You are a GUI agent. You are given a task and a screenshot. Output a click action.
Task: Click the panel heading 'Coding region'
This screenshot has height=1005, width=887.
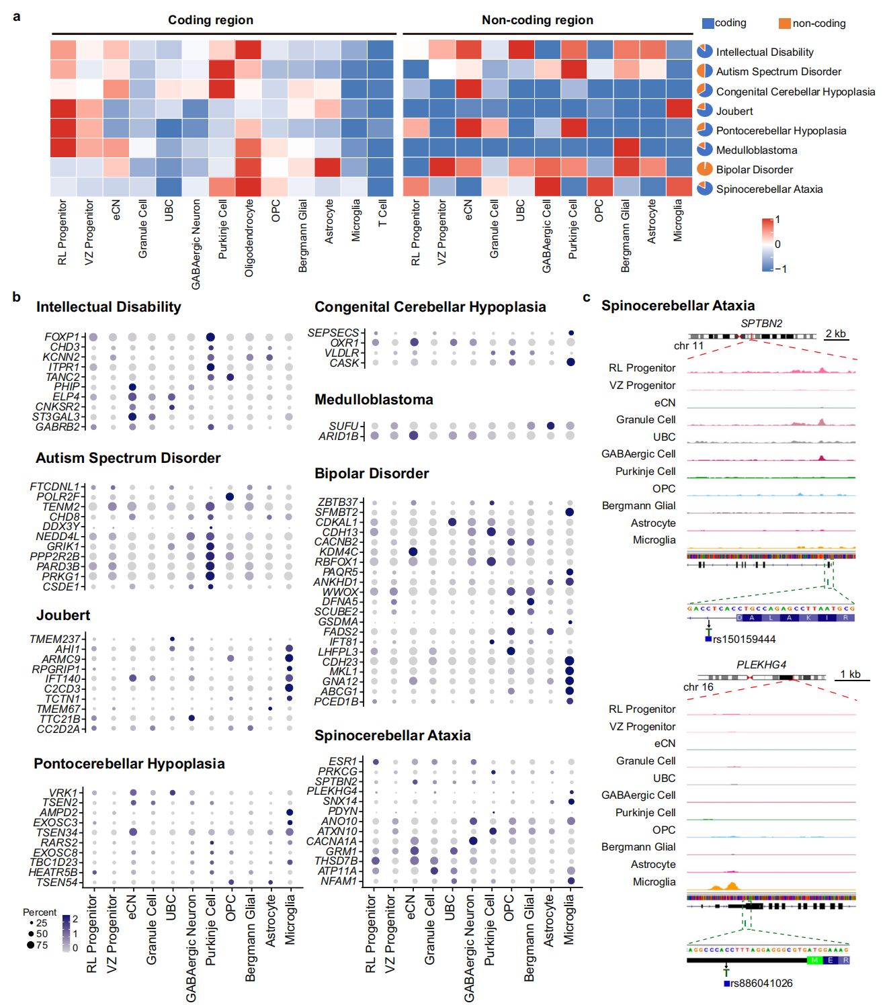pos(210,20)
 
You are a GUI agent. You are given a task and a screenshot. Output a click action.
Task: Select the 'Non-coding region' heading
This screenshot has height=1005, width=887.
pos(537,20)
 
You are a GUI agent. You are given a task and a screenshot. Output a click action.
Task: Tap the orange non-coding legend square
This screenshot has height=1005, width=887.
pos(784,24)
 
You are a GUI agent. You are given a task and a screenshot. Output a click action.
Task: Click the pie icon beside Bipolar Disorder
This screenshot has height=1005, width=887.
pos(704,169)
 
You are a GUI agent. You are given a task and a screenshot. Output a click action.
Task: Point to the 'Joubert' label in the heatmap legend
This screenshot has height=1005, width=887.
pos(734,111)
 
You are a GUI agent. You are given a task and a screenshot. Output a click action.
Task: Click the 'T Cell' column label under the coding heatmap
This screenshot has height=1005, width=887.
pos(382,213)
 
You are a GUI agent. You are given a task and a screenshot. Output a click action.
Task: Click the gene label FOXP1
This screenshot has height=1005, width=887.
pos(62,337)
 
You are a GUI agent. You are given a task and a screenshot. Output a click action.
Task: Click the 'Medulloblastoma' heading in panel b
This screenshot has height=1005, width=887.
pos(374,400)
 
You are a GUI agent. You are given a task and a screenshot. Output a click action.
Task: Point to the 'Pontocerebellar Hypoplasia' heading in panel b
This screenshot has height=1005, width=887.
pos(129,764)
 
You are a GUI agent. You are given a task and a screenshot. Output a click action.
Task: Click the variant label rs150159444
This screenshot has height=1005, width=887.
pos(744,639)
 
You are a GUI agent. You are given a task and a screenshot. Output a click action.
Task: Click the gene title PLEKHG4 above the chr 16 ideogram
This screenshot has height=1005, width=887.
pos(761,664)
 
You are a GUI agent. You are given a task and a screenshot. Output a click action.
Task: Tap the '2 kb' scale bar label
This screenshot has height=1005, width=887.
pos(835,334)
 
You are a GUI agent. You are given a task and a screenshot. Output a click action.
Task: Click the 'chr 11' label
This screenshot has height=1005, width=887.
pos(688,346)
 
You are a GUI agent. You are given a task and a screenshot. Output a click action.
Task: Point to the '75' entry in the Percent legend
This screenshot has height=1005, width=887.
pos(42,945)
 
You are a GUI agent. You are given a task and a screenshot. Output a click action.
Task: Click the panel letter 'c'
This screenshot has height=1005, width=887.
pos(587,298)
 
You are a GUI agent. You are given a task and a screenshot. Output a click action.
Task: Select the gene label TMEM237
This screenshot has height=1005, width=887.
pos(54,639)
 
